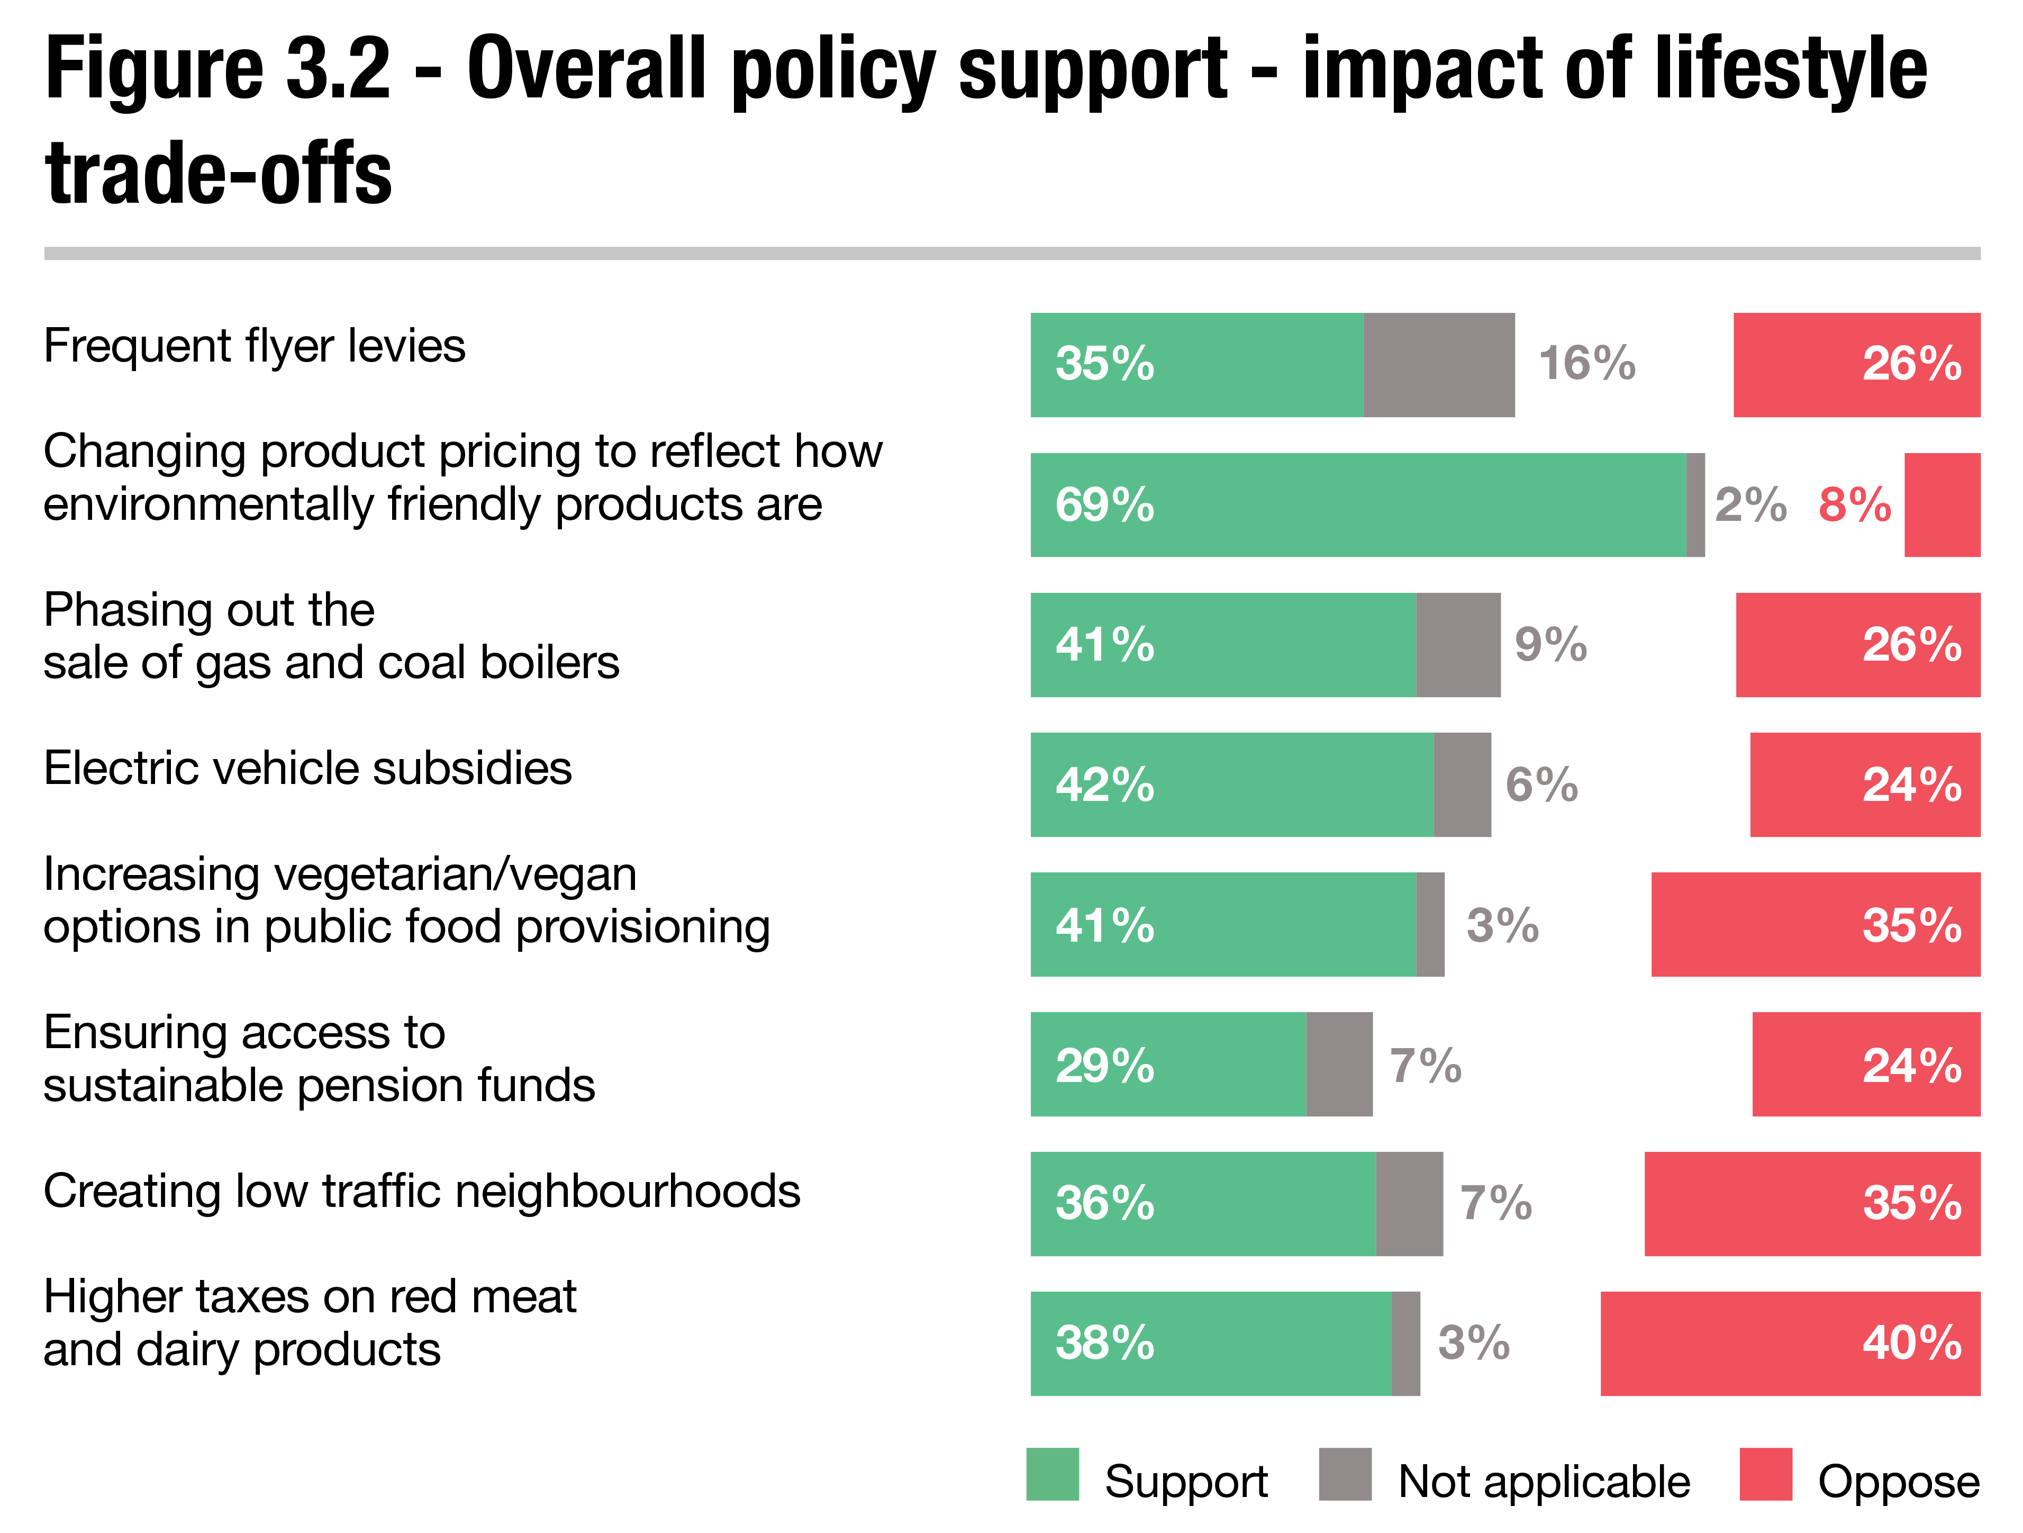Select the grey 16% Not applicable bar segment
tap(1439, 365)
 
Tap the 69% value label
tap(1105, 505)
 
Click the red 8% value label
tap(1854, 505)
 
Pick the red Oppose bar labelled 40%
tap(1789, 1343)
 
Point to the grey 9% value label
tap(1550, 645)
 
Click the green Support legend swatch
tap(1052, 1474)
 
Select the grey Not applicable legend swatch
tap(1345, 1474)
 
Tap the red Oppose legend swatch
tap(1765, 1474)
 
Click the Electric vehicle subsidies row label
tap(307, 768)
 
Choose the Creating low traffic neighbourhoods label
tap(422, 1192)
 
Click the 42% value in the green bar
tap(1105, 785)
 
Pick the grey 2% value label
tap(1749, 505)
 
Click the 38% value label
tap(1105, 1343)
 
